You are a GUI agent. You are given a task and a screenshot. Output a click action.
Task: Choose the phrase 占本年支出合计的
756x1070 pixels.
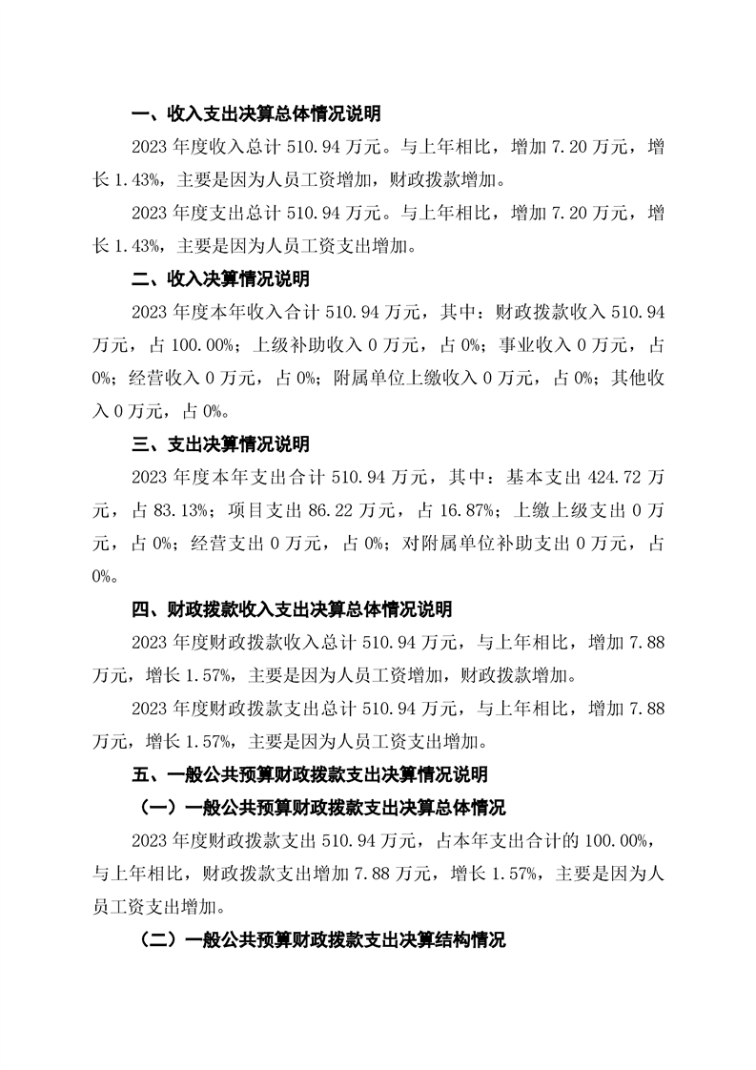tap(500, 840)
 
